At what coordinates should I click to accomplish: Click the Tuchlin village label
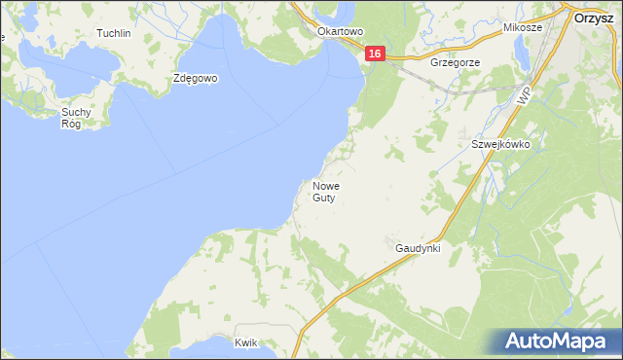pos(114,33)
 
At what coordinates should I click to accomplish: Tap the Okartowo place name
pos(340,31)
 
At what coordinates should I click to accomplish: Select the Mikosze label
pos(523,28)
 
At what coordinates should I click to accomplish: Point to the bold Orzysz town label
pos(592,17)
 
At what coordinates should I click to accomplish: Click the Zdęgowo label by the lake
pos(196,78)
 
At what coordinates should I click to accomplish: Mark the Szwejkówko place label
pos(500,143)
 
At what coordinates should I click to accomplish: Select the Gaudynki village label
pos(419,248)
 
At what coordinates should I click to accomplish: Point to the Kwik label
pos(246,342)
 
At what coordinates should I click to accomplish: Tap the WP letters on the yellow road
pos(525,94)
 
